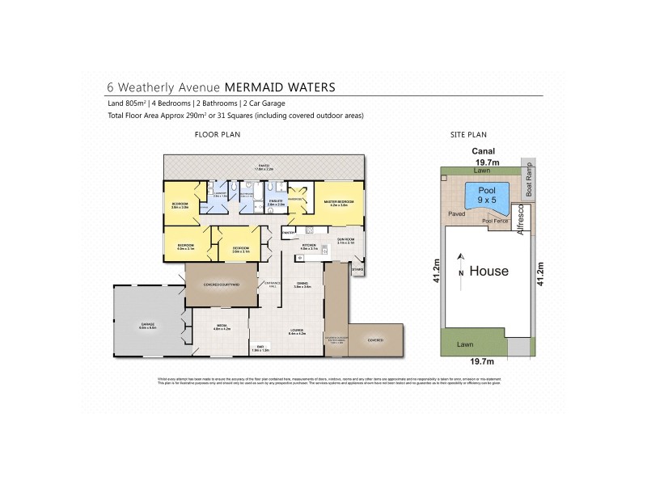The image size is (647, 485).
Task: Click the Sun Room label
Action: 345,240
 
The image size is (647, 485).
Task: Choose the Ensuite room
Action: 276,204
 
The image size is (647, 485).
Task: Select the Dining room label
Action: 303,285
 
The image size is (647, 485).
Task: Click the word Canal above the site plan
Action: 484,150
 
